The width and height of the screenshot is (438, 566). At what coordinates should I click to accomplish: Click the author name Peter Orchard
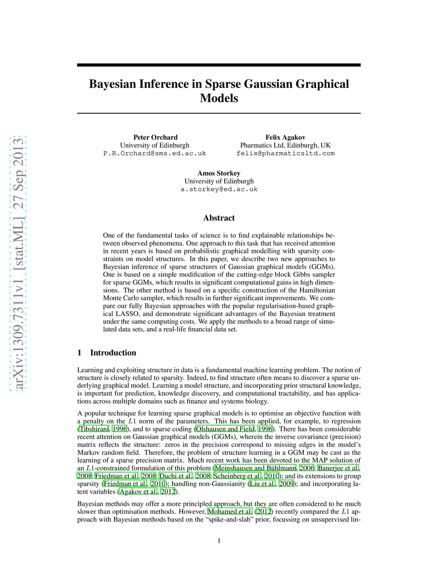point(155,137)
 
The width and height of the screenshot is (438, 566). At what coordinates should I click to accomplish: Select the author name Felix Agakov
point(285,137)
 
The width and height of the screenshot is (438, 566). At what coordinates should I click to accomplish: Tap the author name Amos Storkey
point(219,173)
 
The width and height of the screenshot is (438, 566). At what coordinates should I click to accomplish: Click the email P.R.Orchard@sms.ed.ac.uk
point(154,153)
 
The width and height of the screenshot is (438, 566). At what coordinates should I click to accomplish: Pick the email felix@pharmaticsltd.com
point(285,153)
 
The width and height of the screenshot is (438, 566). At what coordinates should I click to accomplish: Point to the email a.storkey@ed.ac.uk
point(219,189)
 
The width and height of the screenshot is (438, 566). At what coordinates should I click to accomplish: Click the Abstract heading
point(219,218)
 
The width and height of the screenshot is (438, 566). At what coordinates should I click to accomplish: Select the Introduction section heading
point(113,352)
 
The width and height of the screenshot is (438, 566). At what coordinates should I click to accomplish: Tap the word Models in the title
point(219,98)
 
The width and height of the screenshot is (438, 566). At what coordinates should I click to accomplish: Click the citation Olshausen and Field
point(225,429)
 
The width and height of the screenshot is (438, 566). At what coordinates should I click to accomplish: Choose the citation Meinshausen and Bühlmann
point(255,468)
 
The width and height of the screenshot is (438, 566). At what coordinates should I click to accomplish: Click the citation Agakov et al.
point(138,492)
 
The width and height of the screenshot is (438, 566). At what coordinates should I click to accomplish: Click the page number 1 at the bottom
point(219,541)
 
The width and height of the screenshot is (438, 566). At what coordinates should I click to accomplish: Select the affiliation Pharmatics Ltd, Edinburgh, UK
point(285,145)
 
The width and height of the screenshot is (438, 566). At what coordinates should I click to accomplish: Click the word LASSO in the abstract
point(127,314)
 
